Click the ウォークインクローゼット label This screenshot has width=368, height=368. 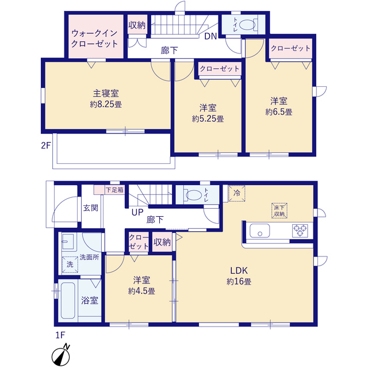click(94, 39)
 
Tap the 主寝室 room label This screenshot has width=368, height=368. click(106, 93)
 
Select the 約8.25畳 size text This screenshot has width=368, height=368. click(106, 105)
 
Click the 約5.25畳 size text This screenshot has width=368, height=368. click(208, 119)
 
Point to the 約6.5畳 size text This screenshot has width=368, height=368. click(279, 112)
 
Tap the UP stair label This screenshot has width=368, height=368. click(137, 212)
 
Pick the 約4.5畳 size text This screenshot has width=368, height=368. click(141, 291)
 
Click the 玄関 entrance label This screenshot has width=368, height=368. click(90, 208)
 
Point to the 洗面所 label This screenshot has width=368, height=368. click(89, 258)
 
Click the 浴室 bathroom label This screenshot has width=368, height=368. click(89, 300)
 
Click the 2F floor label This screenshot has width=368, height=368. click(45, 145)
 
